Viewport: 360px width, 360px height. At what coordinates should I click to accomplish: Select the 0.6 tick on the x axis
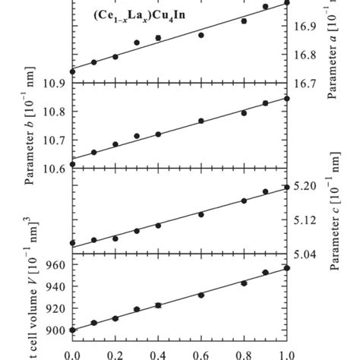[201, 354]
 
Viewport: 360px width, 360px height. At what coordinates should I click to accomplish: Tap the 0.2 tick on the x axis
[115, 354]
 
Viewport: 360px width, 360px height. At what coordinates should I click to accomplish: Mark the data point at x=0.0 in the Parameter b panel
[72, 164]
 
